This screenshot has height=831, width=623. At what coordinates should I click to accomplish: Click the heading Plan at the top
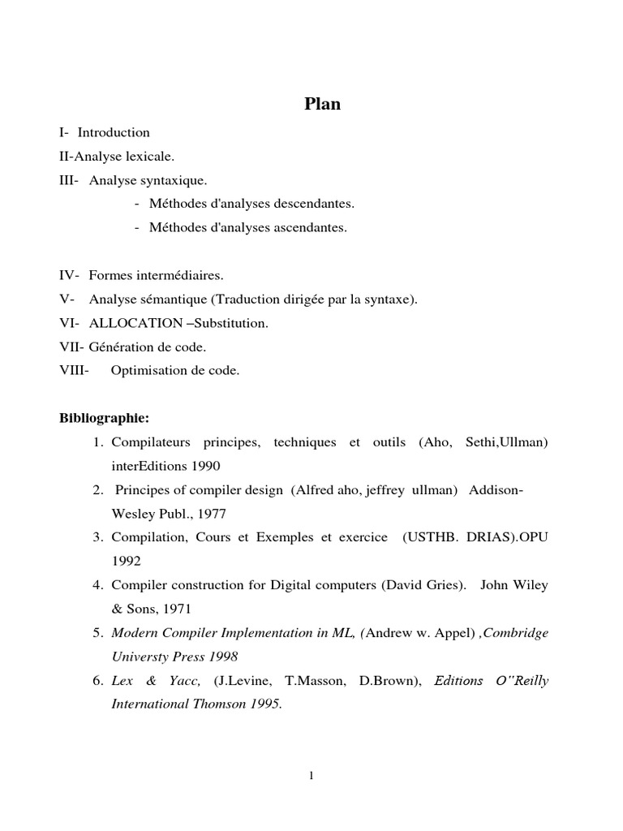[322, 104]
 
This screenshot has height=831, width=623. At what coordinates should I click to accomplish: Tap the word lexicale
[149, 156]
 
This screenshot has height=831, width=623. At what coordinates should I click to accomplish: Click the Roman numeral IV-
[71, 276]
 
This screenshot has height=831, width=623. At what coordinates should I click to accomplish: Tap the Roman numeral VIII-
[75, 371]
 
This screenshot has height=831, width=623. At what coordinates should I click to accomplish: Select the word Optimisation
[146, 371]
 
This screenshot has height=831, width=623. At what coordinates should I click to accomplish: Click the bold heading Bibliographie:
[105, 419]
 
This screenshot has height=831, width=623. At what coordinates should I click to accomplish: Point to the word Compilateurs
[151, 442]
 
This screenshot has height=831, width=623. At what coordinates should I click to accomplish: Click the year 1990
[205, 466]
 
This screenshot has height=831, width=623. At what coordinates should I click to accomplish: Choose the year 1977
[211, 514]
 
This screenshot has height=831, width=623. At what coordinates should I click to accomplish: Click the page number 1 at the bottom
[311, 776]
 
